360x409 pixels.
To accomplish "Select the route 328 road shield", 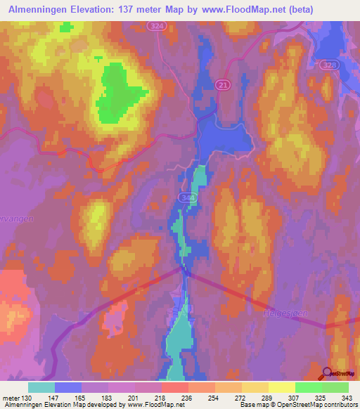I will click(327, 65).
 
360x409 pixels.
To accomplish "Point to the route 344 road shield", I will click(186, 198).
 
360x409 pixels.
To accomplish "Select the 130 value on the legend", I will click(27, 398).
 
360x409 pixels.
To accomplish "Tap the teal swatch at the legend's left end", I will click(41, 387).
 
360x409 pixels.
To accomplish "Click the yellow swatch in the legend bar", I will click(281, 387).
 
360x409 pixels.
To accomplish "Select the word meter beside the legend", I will click(11, 398).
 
